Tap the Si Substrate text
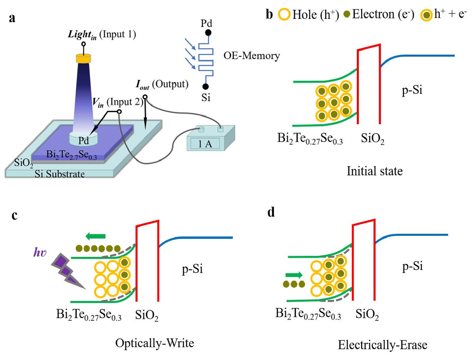(x=59, y=174)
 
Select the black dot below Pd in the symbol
(x=208, y=34)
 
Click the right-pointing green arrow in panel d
(x=294, y=274)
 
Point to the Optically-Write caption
(x=155, y=343)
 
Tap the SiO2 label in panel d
(x=367, y=314)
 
